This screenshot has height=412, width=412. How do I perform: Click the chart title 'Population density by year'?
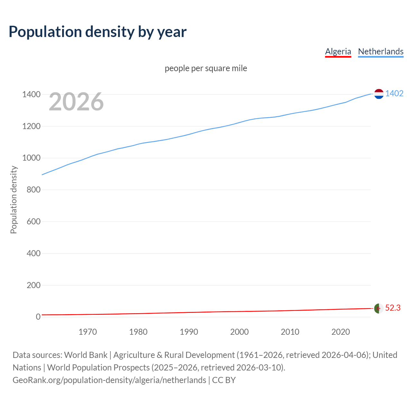click(x=98, y=32)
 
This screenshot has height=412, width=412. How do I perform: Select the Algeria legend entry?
click(x=338, y=51)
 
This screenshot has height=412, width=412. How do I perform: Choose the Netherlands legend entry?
click(x=380, y=51)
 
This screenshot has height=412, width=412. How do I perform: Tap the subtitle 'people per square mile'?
click(x=206, y=69)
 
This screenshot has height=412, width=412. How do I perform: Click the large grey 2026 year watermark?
click(x=76, y=102)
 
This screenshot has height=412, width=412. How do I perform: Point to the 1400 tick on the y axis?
click(x=31, y=95)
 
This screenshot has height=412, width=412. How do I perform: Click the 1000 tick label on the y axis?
click(x=31, y=158)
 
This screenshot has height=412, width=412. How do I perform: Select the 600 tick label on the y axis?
click(x=33, y=221)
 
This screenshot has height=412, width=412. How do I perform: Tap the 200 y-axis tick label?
click(x=33, y=285)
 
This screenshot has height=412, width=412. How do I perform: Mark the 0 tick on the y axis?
click(x=38, y=317)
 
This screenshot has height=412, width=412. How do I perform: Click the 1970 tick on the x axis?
click(x=88, y=332)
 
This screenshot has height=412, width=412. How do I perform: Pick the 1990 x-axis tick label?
click(x=189, y=332)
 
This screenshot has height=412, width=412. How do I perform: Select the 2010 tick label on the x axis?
click(x=290, y=332)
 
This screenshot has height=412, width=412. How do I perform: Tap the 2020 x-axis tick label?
click(x=341, y=332)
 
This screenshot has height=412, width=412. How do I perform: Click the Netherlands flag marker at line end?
click(x=379, y=94)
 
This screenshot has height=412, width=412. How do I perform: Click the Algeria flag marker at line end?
click(x=379, y=308)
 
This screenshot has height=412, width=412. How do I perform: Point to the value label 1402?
click(x=394, y=94)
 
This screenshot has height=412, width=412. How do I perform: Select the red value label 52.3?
click(x=393, y=308)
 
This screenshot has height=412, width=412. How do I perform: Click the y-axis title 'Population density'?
click(x=14, y=200)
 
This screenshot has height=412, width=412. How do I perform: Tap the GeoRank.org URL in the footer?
click(x=109, y=380)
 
